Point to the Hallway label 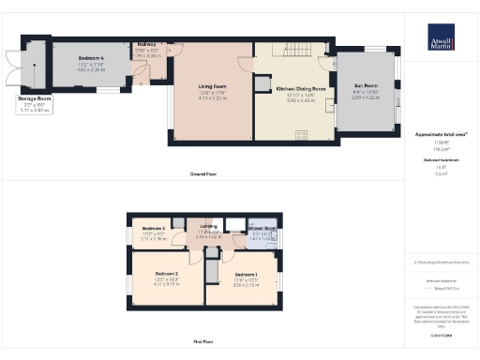tap(148, 45)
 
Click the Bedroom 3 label tap(154, 229)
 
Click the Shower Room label tap(265, 229)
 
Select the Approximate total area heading tap(441, 133)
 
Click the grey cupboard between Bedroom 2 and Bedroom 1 tap(212, 271)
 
